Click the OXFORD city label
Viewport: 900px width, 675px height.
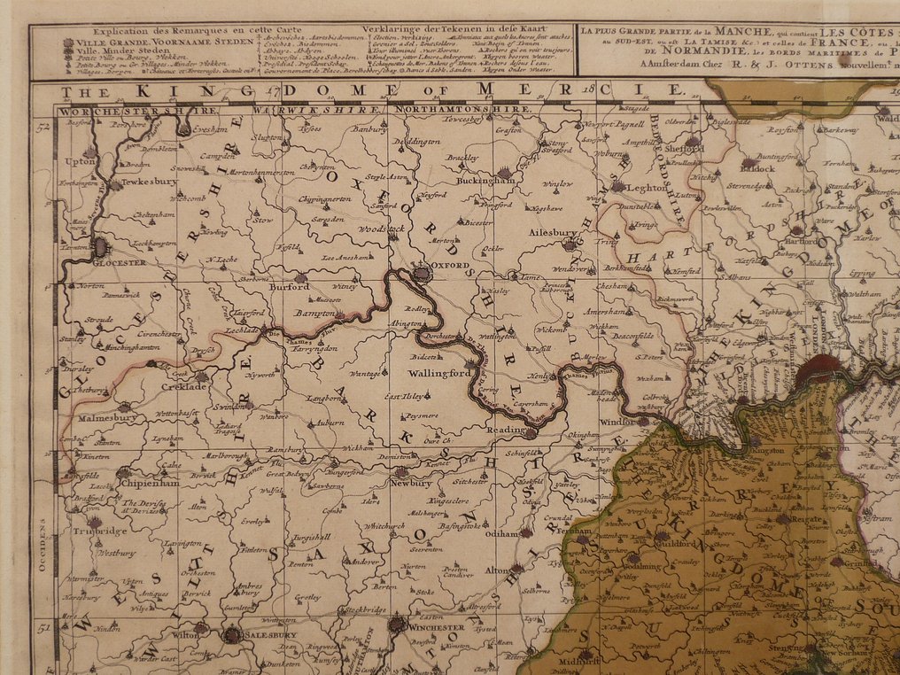(450, 265)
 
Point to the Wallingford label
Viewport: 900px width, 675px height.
(440, 373)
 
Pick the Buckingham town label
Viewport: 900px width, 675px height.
(485, 180)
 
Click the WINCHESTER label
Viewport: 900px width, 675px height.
(436, 626)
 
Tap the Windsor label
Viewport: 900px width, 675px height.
(618, 422)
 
